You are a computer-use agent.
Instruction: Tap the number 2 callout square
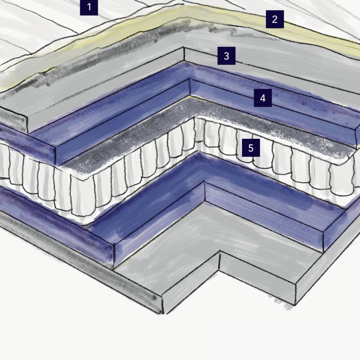coord(275,19)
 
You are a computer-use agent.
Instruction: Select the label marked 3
coord(226,56)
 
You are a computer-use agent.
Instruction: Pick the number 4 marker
coord(263,98)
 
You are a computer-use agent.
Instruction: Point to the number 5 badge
coord(251,148)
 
